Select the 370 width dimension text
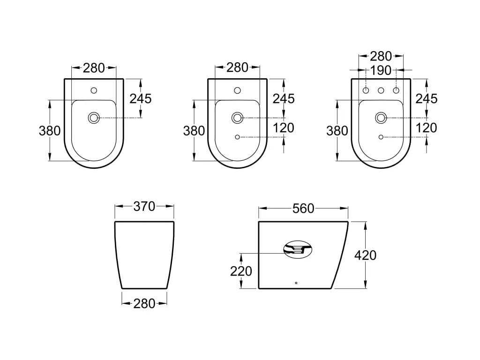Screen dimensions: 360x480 144,207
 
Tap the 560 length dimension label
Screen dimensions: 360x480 303,209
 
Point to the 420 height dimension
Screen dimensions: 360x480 366,255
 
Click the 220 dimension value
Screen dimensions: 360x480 241,271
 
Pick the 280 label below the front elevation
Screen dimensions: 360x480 144,304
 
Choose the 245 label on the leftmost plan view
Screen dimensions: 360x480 141,98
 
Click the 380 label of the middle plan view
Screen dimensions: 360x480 194,131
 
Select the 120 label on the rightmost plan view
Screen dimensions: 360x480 426,127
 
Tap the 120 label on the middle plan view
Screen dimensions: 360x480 283,127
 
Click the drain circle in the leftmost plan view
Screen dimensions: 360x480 94,118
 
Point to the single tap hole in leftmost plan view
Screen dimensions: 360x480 94,90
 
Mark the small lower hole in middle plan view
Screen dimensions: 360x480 237,137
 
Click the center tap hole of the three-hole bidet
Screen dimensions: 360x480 381,90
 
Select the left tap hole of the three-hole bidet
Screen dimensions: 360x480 367,90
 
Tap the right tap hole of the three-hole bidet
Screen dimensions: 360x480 396,90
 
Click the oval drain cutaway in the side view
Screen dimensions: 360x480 298,249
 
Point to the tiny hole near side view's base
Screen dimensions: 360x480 296,283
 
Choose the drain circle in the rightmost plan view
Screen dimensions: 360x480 381,118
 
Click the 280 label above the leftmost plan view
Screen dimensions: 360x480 94,68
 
